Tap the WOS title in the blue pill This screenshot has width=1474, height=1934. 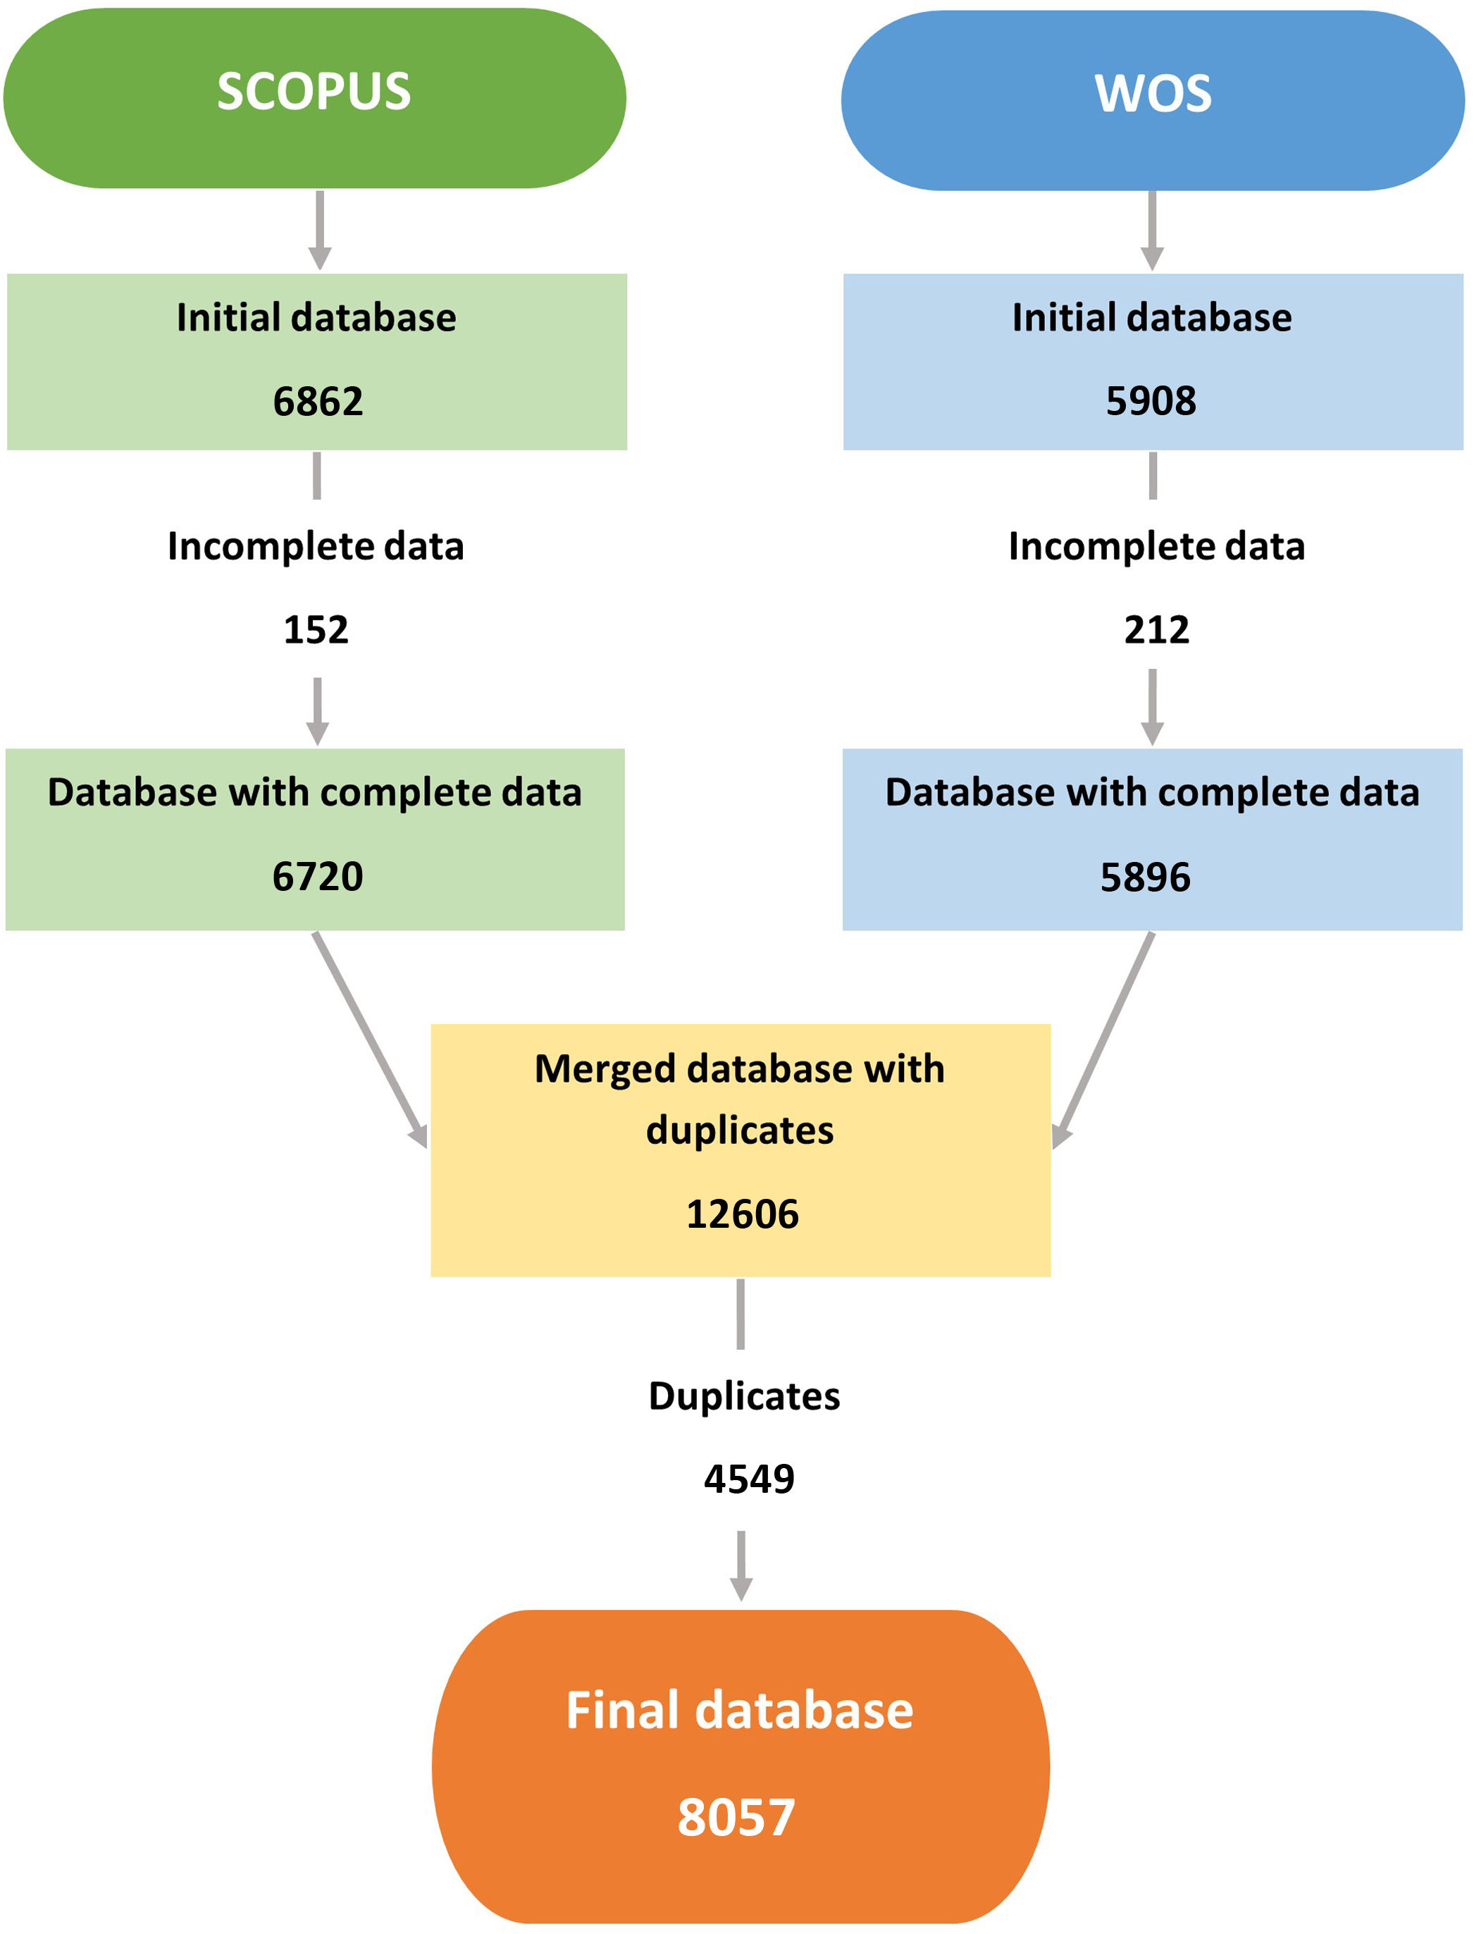1153,93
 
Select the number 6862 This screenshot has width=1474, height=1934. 318,402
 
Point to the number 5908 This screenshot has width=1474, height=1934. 1151,401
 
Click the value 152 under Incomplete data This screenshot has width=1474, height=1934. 316,630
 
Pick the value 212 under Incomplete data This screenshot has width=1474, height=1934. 1156,630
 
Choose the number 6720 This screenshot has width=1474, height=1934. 317,877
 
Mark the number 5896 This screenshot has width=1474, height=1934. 1145,877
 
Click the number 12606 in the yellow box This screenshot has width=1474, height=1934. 742,1214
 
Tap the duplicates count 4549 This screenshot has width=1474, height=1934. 748,1479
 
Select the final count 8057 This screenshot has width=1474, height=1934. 736,1817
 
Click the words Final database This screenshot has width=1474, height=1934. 740,1711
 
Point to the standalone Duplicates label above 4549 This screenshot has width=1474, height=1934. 744,1396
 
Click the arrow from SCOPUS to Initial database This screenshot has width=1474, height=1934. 321,230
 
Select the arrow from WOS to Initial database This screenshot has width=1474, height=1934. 1152,230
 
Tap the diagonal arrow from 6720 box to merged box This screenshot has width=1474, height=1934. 369,1040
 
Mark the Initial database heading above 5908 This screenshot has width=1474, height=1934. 1151,318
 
